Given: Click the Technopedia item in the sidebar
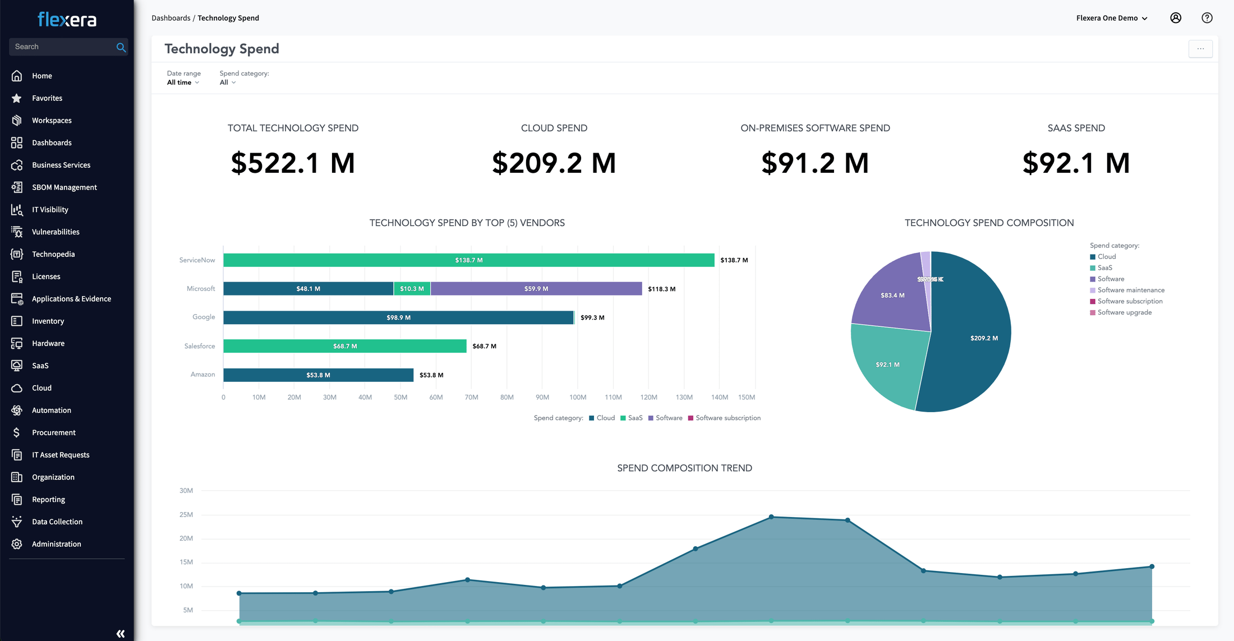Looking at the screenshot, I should [53, 254].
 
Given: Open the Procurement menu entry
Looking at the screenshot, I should [53, 432].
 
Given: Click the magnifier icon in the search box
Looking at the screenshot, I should [121, 47].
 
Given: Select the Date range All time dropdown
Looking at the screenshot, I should [183, 82].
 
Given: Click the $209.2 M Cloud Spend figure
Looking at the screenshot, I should [554, 163].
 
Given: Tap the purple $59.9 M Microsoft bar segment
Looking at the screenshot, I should [536, 289].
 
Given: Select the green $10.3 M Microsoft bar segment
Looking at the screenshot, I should [412, 289].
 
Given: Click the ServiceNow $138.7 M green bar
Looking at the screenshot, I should [468, 260].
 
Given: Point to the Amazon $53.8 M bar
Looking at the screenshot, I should [318, 375].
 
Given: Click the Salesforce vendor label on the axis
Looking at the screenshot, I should [199, 346].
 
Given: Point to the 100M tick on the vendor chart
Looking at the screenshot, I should [578, 397].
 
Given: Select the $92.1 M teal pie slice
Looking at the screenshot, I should [887, 365].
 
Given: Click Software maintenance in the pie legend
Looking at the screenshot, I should [1130, 290].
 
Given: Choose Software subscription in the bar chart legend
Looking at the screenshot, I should [727, 418].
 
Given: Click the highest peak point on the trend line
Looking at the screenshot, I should [771, 517].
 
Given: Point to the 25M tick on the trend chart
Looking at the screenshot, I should [186, 515].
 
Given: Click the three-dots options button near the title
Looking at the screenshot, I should [1200, 49].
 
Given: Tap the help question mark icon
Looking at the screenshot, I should [1207, 18].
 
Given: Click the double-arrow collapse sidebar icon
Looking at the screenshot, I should [121, 634].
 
